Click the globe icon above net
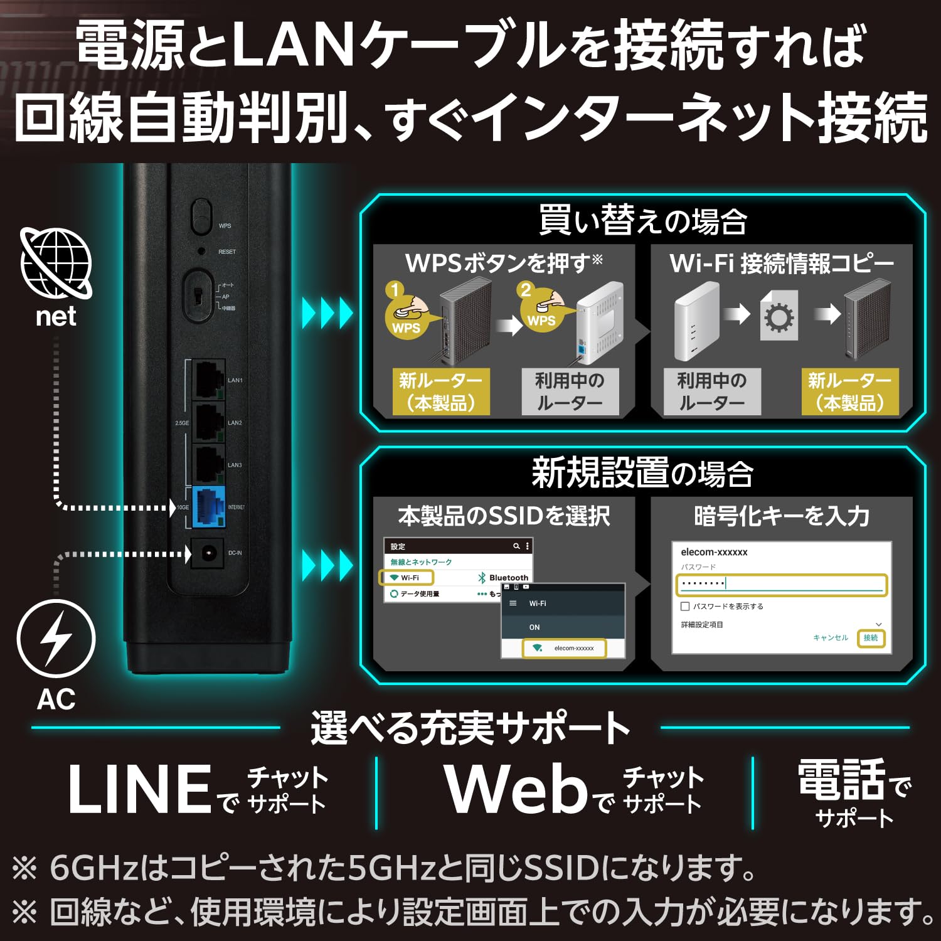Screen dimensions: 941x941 point(56,263)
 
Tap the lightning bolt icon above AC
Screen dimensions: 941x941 point(56,638)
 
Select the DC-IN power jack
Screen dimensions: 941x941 point(208,553)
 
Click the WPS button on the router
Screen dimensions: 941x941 point(201,217)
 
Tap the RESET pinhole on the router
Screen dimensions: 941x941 point(201,251)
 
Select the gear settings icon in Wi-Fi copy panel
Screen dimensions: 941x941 point(779,317)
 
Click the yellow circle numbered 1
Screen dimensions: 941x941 point(395,290)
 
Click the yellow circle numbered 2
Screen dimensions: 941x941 point(526,290)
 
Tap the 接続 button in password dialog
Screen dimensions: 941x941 point(871,637)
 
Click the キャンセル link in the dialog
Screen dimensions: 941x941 point(830,637)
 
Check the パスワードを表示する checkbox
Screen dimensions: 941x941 point(685,606)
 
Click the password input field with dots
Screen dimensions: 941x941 point(781,584)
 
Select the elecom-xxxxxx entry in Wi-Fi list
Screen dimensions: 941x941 point(565,648)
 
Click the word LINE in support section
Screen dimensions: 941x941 point(139,789)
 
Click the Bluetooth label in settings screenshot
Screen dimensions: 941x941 point(508,577)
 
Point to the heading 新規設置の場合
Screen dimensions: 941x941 point(642,473)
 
